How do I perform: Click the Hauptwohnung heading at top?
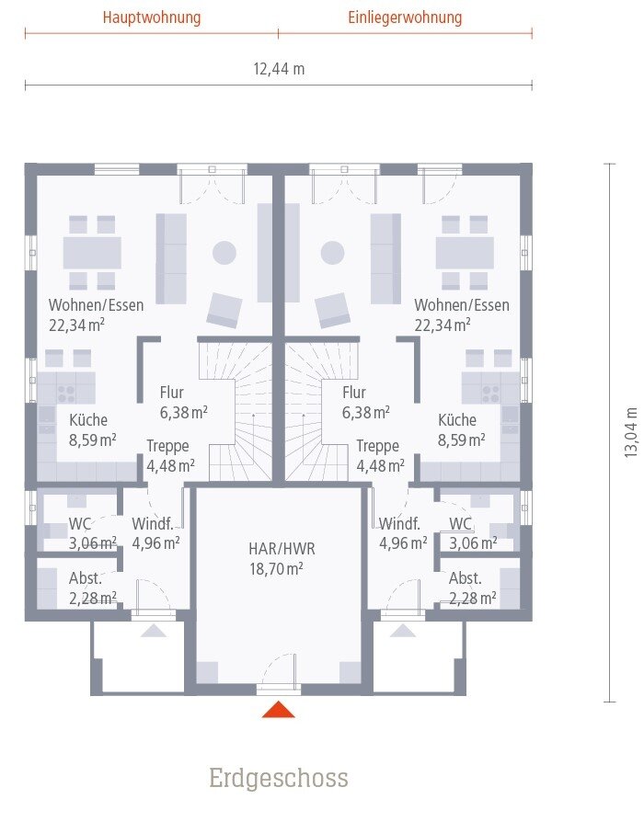152,17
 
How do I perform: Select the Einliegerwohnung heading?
405,17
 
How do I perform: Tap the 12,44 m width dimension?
279,69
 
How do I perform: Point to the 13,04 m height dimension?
631,432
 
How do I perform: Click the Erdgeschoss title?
279,778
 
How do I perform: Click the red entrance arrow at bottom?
279,709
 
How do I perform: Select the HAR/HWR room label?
282,549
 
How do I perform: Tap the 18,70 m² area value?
276,569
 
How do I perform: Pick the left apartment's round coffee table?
224,253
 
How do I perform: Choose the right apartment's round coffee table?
332,253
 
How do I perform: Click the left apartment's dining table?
92,253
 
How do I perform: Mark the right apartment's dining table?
465,253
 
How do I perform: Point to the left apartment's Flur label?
172,392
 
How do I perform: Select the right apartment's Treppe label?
377,446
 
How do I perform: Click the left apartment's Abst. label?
86,578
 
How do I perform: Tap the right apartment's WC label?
460,524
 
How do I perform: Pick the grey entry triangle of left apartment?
154,631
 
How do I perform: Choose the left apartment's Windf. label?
153,524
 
